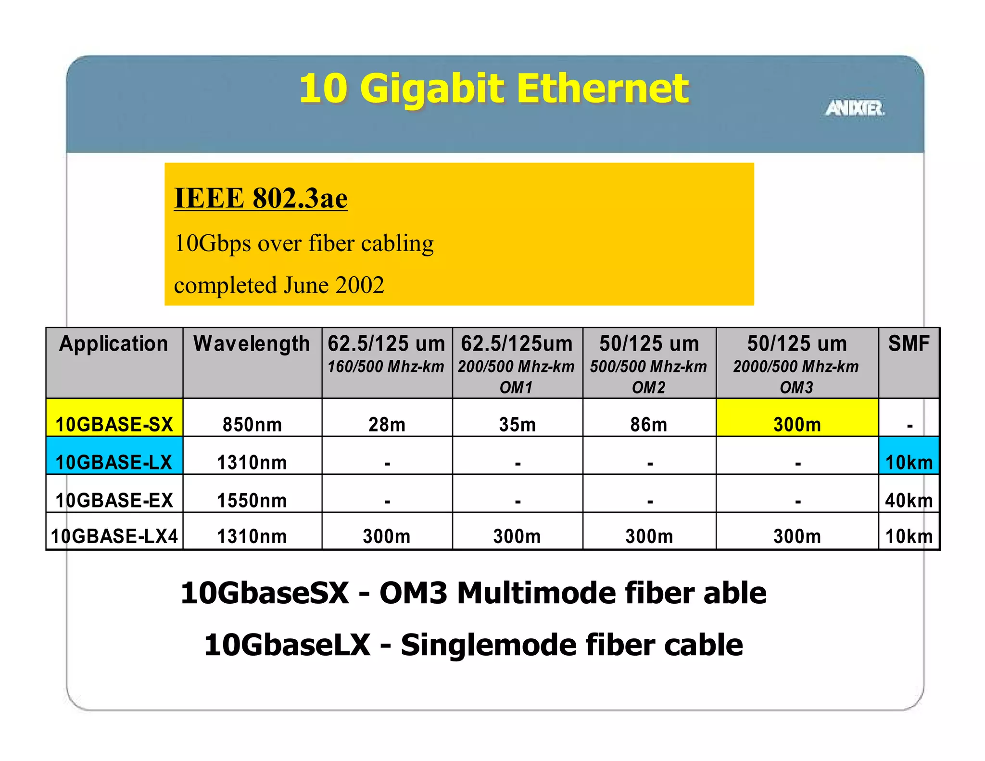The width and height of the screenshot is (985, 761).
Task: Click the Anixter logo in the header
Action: coord(855,108)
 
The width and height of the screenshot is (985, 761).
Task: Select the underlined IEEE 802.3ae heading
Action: coord(261,198)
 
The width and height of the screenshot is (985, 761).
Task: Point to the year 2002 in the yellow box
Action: coord(360,285)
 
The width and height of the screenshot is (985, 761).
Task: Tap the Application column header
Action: coord(114,344)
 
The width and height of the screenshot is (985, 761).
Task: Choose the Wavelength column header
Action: coord(252,344)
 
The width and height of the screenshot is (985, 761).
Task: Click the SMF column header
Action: coord(909,344)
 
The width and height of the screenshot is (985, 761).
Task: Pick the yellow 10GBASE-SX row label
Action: coord(114,424)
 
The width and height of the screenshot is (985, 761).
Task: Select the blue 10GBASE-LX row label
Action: coord(114,462)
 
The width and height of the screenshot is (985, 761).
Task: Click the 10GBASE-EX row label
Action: coord(114,500)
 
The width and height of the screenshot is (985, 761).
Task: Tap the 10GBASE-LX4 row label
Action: coord(114,536)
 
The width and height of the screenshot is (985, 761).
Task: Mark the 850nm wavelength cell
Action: coord(252,424)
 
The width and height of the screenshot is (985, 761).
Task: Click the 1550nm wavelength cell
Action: coord(252,500)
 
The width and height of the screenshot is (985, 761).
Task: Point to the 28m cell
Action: coord(387,424)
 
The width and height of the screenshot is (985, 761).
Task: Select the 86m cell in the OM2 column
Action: coord(649,424)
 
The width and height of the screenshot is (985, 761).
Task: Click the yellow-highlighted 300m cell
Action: coord(797,424)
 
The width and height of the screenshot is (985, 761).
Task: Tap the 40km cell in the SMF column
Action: coord(909,500)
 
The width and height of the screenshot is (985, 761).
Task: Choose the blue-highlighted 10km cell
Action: coord(909,462)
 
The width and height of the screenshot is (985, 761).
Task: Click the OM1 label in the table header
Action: coord(516,387)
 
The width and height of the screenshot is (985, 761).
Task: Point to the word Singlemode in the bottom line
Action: coord(489,645)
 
